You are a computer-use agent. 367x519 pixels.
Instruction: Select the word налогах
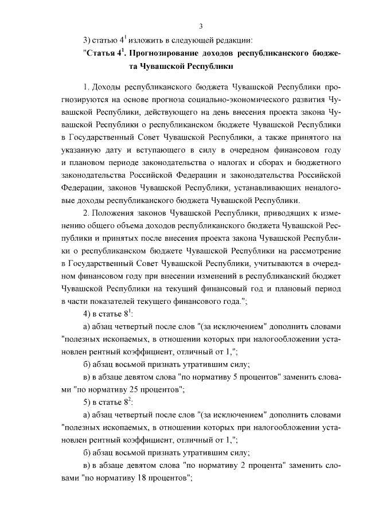click(235, 162)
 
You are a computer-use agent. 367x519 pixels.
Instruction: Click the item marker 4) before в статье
click(87, 314)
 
